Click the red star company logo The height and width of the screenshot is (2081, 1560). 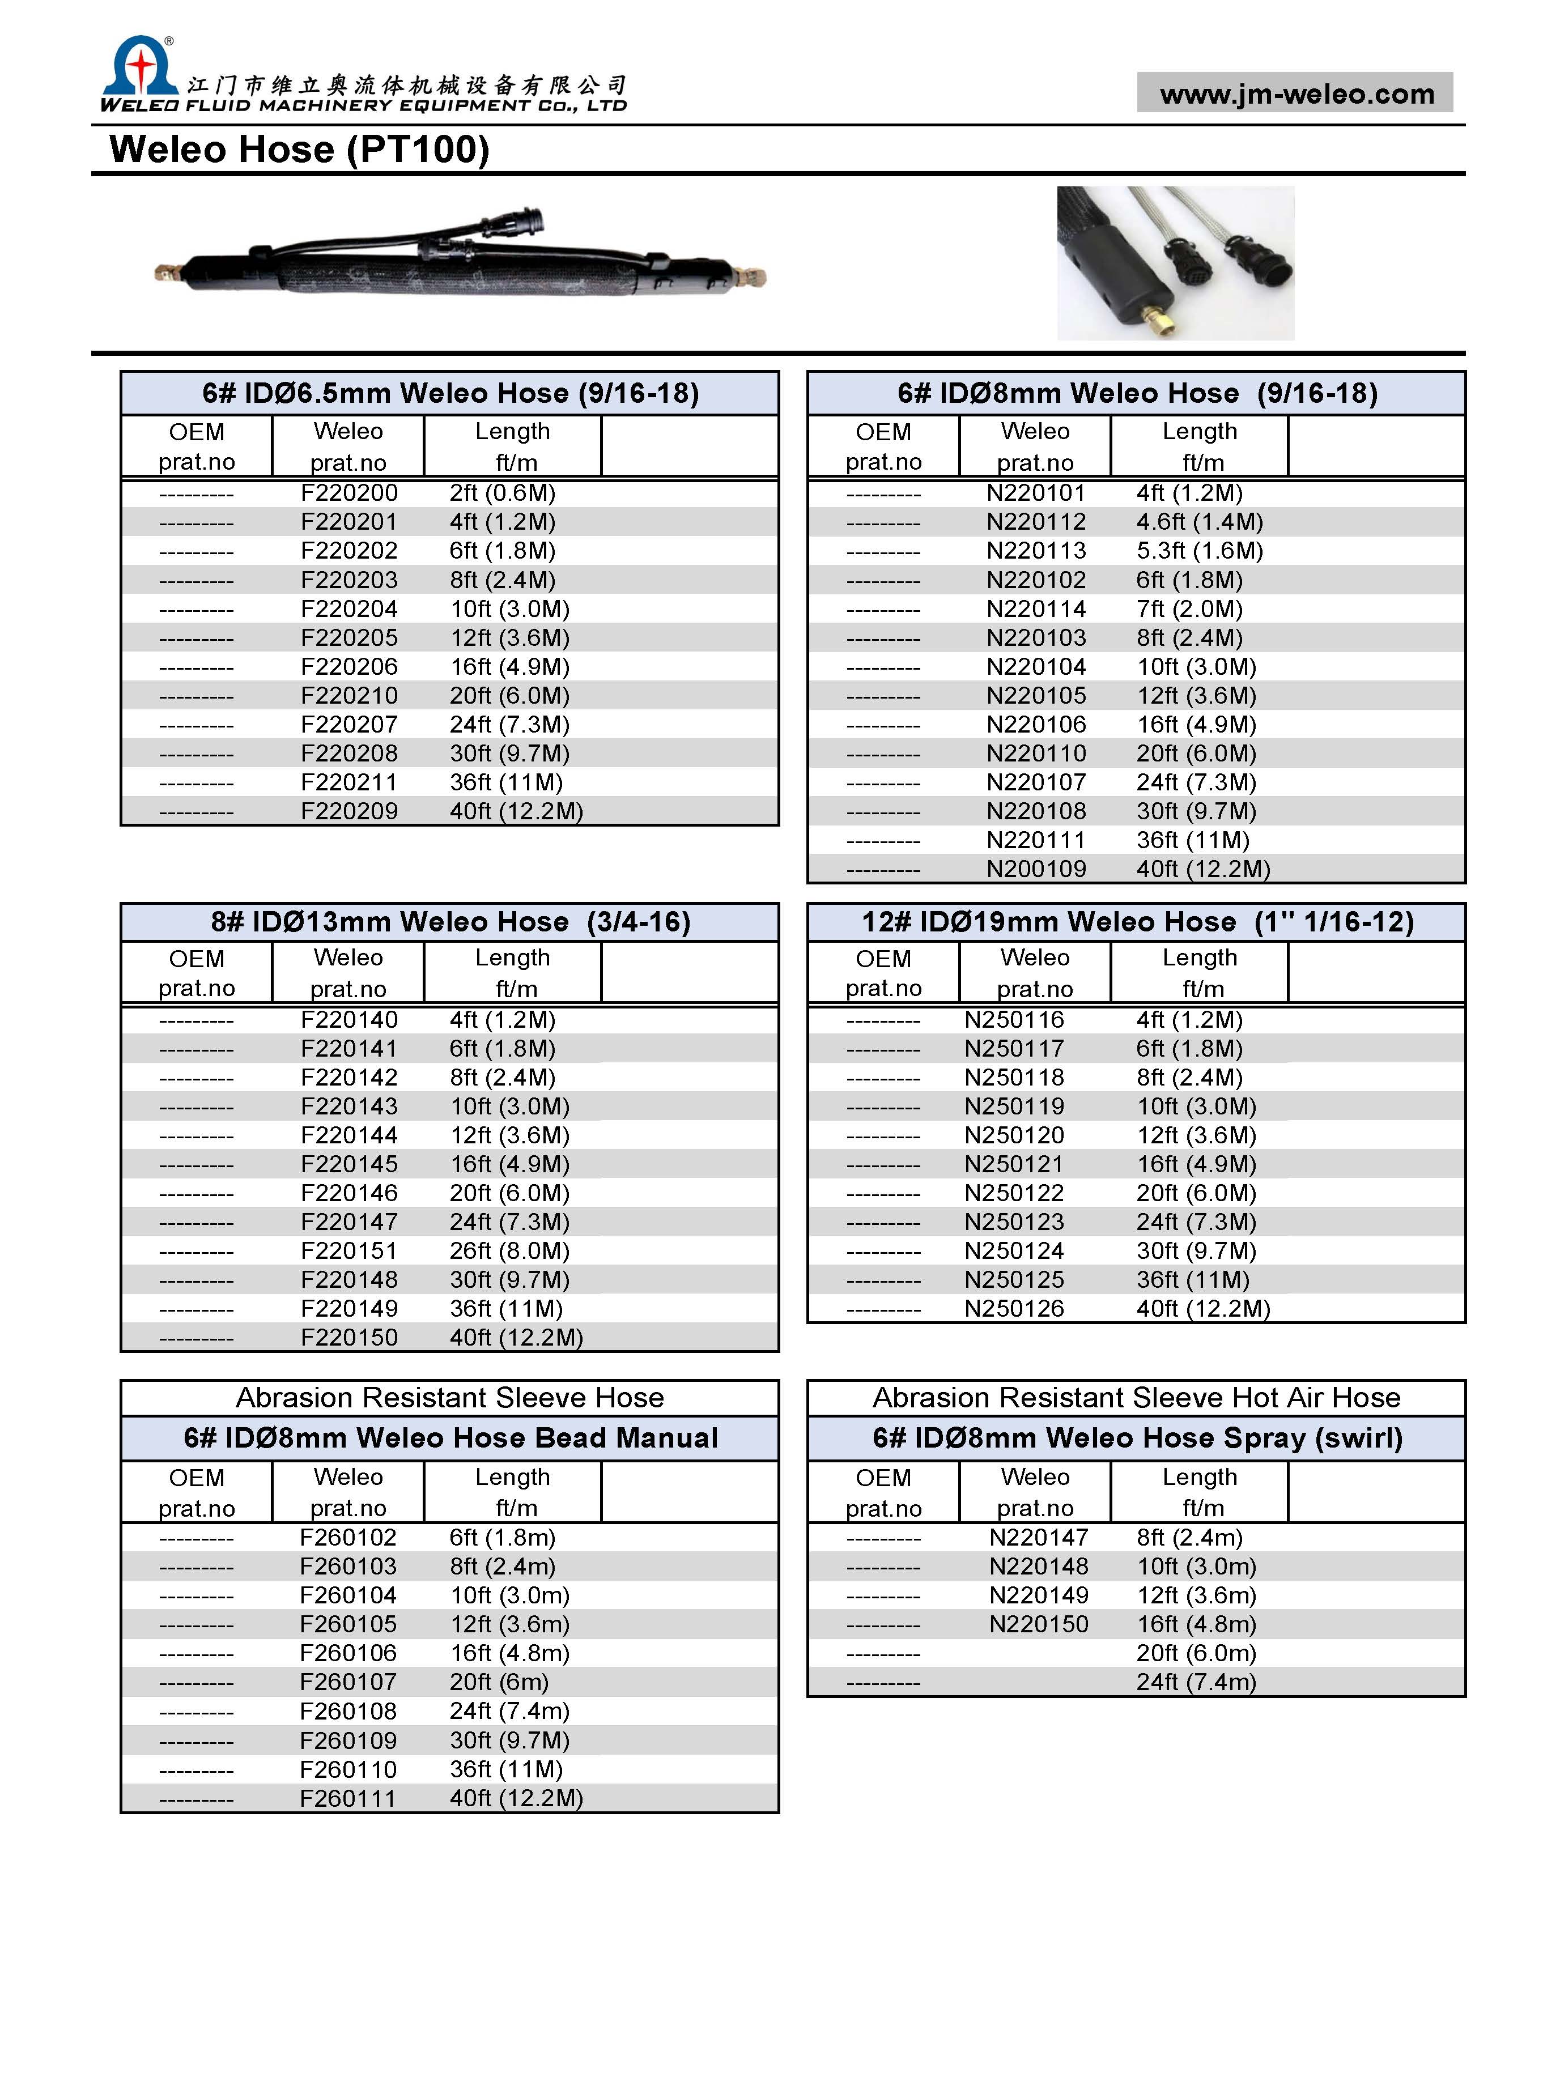coord(139,69)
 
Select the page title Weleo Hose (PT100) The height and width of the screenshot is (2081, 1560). coord(299,150)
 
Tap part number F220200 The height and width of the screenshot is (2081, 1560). coord(349,493)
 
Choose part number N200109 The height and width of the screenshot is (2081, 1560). coord(1036,869)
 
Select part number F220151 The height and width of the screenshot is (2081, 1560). coord(349,1251)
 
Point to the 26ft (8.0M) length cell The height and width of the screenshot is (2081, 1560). coord(509,1251)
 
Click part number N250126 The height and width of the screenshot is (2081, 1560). coord(1014,1309)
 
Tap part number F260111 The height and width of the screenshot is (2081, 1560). coord(348,1799)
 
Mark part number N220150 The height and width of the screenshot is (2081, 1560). coord(1038,1625)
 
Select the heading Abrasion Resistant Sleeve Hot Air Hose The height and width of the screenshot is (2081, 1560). coord(1136,1398)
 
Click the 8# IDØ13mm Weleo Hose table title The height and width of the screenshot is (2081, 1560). coord(450,922)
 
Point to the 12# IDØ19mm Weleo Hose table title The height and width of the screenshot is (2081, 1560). coord(1137,922)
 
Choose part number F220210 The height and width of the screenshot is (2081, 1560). coord(349,696)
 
